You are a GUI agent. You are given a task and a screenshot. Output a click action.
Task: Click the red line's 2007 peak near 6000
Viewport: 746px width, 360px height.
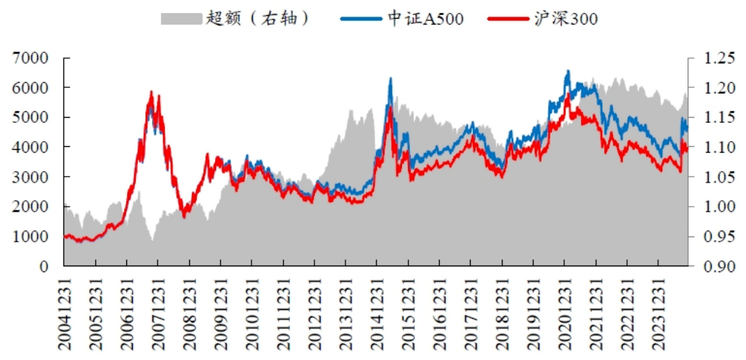[x=151, y=91]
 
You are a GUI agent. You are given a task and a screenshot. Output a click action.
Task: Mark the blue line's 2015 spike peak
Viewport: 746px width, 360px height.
[x=391, y=78]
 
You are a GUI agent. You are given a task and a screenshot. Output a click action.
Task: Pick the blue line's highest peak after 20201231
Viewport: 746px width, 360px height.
[x=568, y=70]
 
